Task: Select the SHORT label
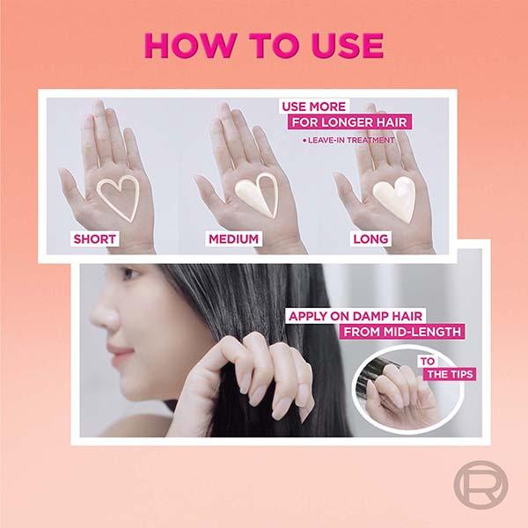click(95, 238)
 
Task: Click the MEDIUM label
click(234, 238)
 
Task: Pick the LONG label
click(370, 238)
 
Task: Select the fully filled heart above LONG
click(394, 199)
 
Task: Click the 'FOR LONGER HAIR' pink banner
click(349, 122)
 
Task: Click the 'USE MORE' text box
click(314, 106)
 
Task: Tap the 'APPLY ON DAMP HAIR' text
click(356, 316)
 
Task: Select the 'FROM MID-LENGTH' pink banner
click(402, 332)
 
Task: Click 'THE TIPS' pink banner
click(450, 374)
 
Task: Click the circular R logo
click(480, 484)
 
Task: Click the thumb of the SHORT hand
click(71, 185)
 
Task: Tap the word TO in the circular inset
click(428, 362)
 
